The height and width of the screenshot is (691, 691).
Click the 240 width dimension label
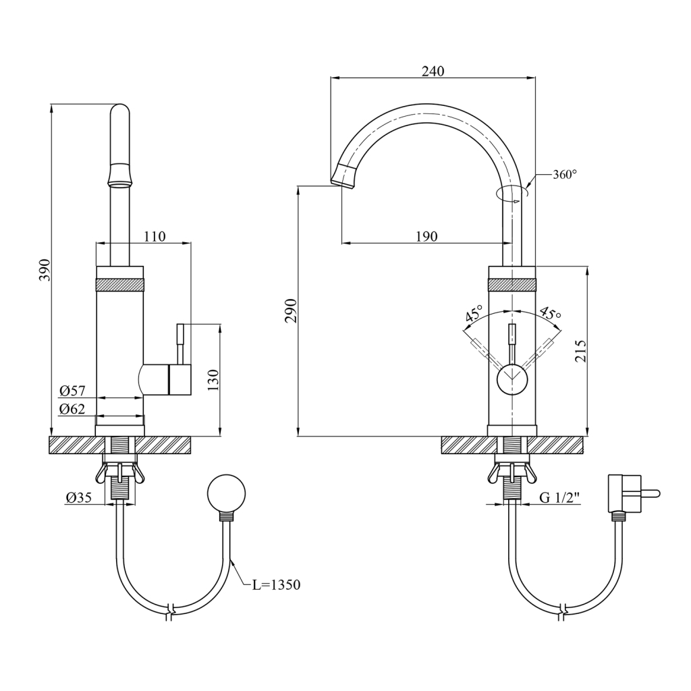point(433,71)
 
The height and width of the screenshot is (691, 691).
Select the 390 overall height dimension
point(47,270)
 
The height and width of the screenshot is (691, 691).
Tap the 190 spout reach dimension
point(426,236)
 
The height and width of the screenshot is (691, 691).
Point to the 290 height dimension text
point(292,310)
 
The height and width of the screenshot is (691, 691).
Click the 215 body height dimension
point(581,350)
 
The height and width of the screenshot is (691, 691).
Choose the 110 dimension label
point(155,236)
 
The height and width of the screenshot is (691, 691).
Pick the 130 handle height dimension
point(213,381)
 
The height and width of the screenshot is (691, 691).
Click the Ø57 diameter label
point(72,391)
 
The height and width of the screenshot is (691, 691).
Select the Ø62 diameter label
point(72,409)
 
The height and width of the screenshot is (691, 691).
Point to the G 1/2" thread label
point(559,497)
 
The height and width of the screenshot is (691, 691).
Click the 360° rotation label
point(565,175)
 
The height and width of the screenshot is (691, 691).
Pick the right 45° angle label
point(550,313)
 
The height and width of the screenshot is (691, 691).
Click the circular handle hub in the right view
point(512,380)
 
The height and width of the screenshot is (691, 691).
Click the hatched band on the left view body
point(120,285)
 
